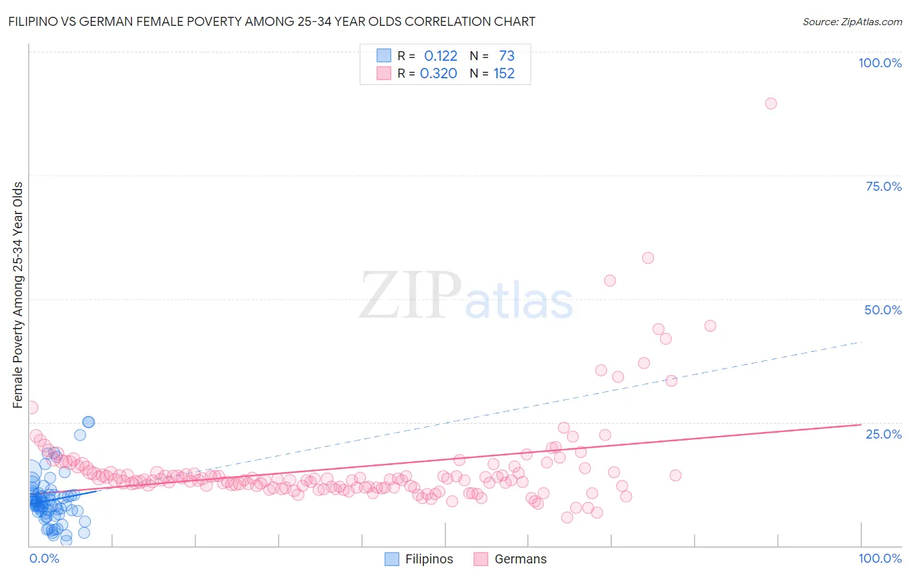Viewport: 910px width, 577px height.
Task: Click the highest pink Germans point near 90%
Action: click(770, 103)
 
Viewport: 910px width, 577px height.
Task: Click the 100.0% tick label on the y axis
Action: click(880, 63)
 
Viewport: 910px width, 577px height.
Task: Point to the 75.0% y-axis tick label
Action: click(883, 186)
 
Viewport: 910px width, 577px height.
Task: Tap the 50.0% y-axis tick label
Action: click(883, 310)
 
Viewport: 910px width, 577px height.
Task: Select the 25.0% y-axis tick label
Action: click(883, 434)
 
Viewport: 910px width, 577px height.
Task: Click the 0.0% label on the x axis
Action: click(44, 558)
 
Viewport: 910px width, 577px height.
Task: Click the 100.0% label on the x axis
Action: click(880, 558)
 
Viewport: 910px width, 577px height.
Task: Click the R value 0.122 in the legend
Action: click(440, 56)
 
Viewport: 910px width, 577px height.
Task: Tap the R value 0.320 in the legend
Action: click(438, 74)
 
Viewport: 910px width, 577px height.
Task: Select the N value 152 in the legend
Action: click(504, 74)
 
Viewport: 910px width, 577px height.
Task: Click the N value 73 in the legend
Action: click(506, 56)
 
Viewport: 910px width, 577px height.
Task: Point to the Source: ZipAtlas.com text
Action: click(852, 21)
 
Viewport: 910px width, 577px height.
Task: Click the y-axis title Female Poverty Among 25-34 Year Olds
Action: click(18, 295)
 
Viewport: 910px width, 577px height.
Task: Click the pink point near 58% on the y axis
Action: click(647, 258)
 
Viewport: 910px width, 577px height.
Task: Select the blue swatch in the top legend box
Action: click(384, 56)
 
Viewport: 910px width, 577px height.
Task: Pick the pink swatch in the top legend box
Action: click(384, 74)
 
